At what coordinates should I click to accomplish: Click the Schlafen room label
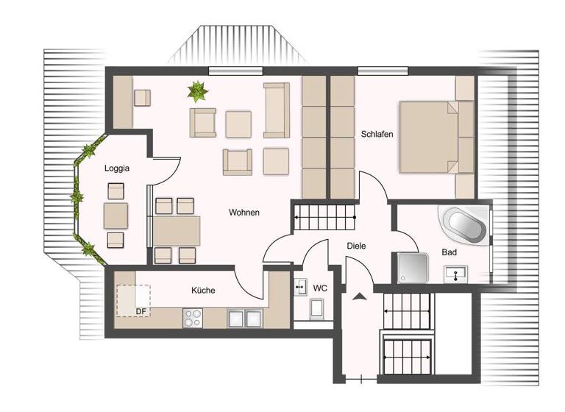click(377, 135)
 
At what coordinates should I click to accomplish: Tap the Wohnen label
click(244, 213)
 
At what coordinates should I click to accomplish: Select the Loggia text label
click(117, 168)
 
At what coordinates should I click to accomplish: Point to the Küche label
click(203, 291)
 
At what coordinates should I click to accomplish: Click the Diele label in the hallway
click(357, 246)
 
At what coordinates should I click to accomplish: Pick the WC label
click(320, 288)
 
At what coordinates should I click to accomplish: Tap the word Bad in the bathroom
click(449, 252)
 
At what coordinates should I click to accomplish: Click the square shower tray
click(413, 268)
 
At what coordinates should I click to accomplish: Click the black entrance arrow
click(359, 296)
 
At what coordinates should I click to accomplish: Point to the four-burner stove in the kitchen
click(193, 318)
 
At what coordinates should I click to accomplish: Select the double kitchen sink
click(244, 318)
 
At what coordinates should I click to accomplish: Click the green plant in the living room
click(196, 91)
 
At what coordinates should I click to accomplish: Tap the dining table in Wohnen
click(177, 231)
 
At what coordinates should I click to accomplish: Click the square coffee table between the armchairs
click(238, 124)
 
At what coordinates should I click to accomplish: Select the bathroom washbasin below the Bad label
click(457, 274)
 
